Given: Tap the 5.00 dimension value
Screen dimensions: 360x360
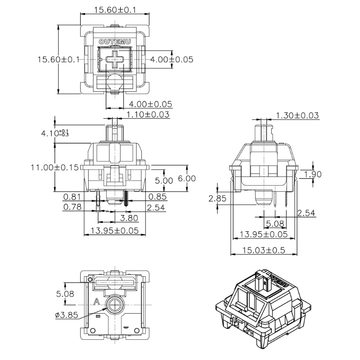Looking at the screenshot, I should point(163,180).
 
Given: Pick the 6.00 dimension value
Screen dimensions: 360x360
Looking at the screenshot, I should point(187,178).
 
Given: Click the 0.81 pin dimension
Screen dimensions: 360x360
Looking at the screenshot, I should point(72,196).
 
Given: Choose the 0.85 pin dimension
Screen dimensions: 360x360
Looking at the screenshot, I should point(157,196).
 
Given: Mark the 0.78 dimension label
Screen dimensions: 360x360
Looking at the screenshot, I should point(72,207).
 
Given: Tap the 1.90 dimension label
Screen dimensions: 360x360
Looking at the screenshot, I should point(313,175).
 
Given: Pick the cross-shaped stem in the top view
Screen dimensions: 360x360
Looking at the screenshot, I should point(116,59).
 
